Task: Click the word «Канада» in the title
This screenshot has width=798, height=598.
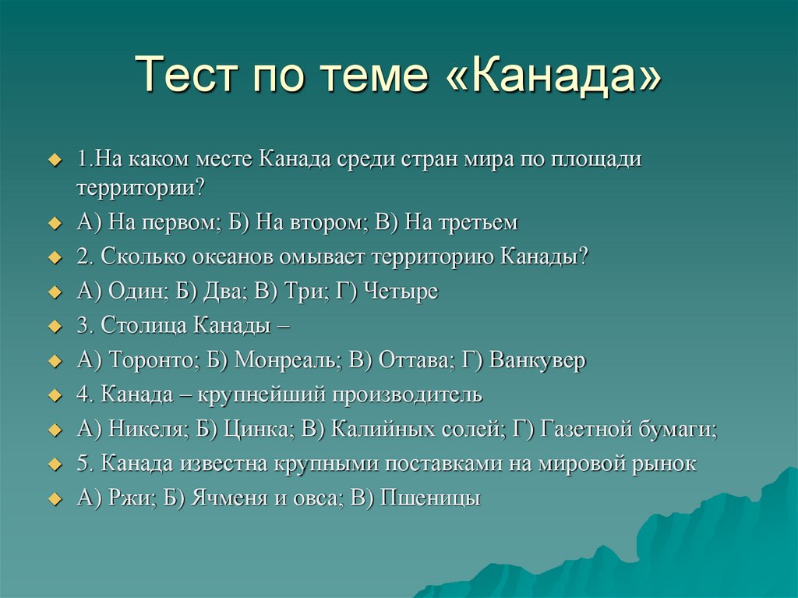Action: (x=558, y=76)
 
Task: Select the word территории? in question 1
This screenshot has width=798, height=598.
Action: (x=141, y=188)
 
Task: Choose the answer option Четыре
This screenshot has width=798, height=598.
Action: (x=399, y=292)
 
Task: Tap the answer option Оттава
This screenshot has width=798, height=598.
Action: (x=418, y=362)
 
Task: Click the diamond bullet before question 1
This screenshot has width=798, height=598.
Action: (x=54, y=160)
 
